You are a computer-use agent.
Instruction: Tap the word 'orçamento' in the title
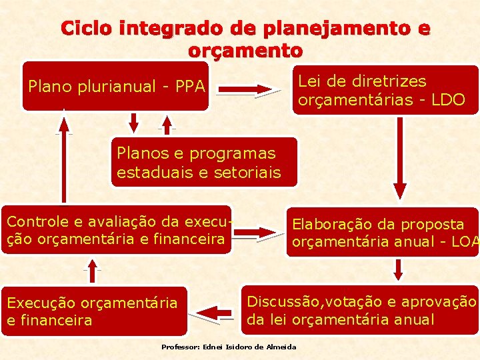pos(245,50)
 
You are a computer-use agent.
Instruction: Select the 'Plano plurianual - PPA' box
pos(116,86)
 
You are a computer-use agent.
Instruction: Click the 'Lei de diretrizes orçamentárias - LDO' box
pos(385,90)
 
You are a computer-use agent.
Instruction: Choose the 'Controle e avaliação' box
pos(117,230)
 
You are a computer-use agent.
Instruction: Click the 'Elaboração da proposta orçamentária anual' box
pos(383,232)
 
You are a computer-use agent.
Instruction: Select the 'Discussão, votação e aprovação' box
pos(359,310)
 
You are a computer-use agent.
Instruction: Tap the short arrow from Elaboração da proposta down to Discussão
pos(398,269)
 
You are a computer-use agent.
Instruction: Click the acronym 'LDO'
pos(448,99)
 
